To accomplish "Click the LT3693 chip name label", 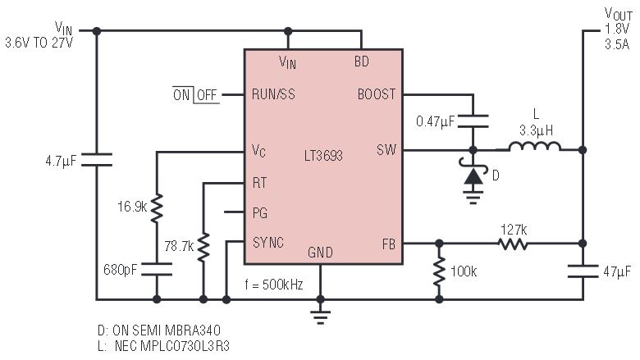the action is pos(323,155).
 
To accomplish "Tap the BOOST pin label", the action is pos(377,94).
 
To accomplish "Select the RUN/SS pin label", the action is pos(273,94).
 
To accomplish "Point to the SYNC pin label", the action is pos(267,243).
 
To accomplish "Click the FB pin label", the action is pos(389,244).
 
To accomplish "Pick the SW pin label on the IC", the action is pos(386,149).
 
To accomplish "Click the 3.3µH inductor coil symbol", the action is pos(535,146).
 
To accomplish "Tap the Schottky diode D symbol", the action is pos(473,175).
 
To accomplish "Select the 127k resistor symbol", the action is pos(513,244).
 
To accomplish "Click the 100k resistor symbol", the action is pos(439,271).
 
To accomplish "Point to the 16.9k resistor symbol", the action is pos(157,208).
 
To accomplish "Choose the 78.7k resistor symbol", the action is pos(203,247).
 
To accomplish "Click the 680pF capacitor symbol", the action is pos(157,269).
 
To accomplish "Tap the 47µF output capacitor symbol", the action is pos(583,271).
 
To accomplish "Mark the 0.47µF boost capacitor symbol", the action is pos(473,121).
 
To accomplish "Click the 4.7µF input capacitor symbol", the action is pos(97,160).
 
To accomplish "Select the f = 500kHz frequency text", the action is pos(274,285).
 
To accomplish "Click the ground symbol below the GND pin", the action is pos(320,316).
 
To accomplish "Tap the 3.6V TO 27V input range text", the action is pos(39,43).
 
